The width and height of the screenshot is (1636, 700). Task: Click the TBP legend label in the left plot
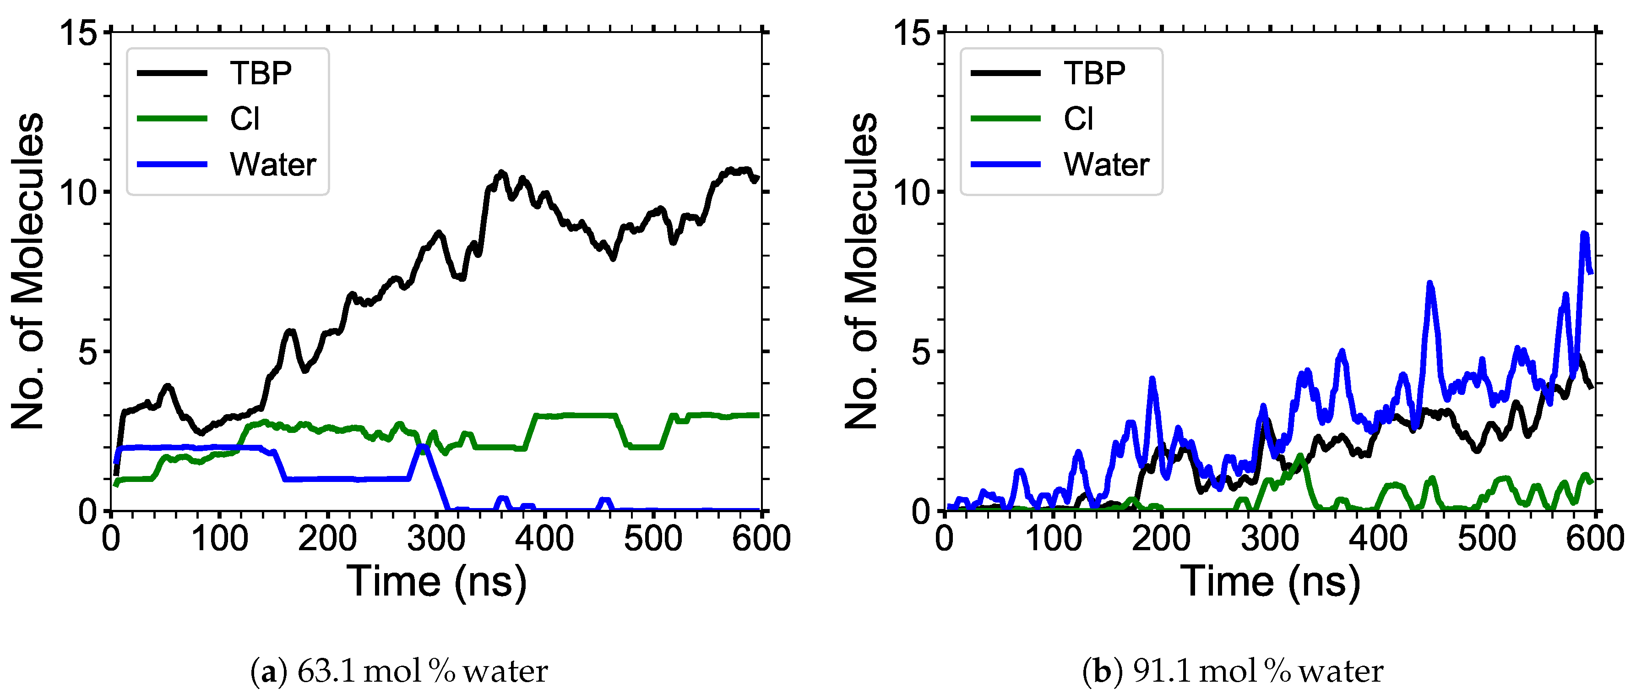(x=261, y=73)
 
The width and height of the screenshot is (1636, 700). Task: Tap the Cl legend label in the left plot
(x=245, y=119)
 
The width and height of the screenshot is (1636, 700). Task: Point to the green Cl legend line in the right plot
(x=1006, y=119)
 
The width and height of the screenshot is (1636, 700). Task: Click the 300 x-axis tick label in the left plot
(x=436, y=539)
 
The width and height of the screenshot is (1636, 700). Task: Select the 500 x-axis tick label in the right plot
(x=1487, y=539)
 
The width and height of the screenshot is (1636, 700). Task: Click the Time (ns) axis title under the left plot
(x=436, y=581)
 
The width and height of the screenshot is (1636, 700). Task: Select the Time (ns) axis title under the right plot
(x=1270, y=581)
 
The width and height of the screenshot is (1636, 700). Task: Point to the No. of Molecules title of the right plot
(x=861, y=271)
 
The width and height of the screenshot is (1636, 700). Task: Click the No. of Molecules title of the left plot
(x=28, y=271)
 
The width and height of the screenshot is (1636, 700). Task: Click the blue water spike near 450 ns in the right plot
(x=1429, y=284)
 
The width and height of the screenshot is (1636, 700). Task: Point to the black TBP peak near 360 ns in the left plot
(x=502, y=173)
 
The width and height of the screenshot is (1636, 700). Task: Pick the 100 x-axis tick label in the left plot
(x=219, y=539)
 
